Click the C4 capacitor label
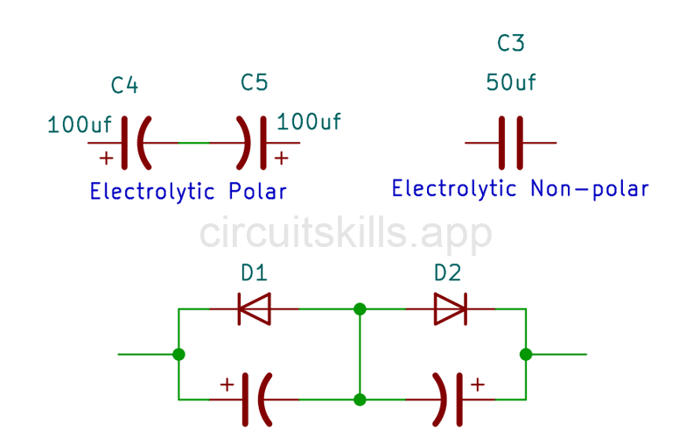124,86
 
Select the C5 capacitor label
254,83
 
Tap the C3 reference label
510,44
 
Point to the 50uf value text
511,83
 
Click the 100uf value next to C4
80,125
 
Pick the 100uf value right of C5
309,122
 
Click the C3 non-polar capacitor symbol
511,142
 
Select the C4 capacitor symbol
136,142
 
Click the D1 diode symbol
254,308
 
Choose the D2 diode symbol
450,308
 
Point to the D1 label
254,273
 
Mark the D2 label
447,273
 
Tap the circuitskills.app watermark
346,233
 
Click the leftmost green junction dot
179,354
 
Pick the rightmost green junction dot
525,354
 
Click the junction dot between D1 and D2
360,308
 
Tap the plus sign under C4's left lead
106,159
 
